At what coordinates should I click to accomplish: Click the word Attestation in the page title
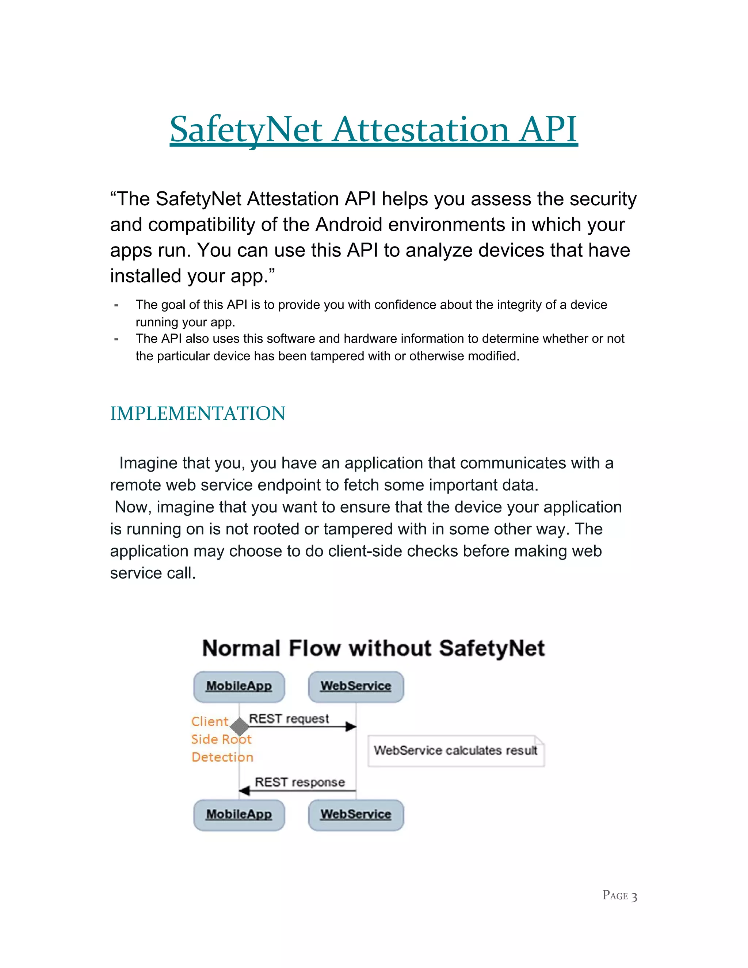pyautogui.click(x=421, y=130)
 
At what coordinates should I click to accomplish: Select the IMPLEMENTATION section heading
pyautogui.click(x=198, y=414)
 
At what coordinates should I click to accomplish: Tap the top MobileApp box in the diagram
pyautogui.click(x=239, y=687)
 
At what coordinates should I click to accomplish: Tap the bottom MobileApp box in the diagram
pyautogui.click(x=239, y=815)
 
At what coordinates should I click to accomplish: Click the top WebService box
pyautogui.click(x=356, y=687)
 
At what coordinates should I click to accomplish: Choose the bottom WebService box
pyautogui.click(x=356, y=815)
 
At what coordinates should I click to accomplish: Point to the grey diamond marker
pyautogui.click(x=240, y=727)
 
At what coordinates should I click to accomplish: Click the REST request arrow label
pyautogui.click(x=289, y=719)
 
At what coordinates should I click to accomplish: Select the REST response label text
pyautogui.click(x=299, y=782)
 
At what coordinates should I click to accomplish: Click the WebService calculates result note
pyautogui.click(x=455, y=750)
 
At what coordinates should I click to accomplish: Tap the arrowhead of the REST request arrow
pyautogui.click(x=351, y=727)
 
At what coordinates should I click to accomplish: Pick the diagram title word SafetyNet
pyautogui.click(x=492, y=648)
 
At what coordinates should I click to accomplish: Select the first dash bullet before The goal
pyautogui.click(x=116, y=305)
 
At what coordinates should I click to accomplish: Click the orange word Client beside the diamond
pyautogui.click(x=210, y=721)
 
